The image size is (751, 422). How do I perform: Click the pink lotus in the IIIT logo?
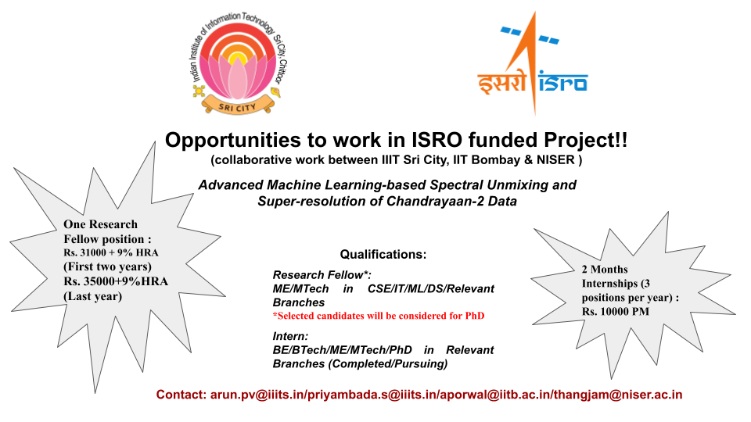(x=238, y=75)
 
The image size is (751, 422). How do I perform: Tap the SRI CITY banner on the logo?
(x=238, y=106)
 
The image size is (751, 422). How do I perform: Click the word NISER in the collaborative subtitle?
(x=555, y=159)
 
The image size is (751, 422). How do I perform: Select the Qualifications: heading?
(x=383, y=254)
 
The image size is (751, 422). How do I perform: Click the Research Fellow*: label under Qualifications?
(x=322, y=275)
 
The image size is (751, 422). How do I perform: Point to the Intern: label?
(x=290, y=336)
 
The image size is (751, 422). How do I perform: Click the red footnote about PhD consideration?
(x=379, y=316)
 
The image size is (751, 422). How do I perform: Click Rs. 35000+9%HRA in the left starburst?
(x=116, y=281)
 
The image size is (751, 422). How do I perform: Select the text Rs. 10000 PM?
(x=616, y=312)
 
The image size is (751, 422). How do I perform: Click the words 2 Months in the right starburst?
(x=605, y=270)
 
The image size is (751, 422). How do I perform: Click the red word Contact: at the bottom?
(x=181, y=395)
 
